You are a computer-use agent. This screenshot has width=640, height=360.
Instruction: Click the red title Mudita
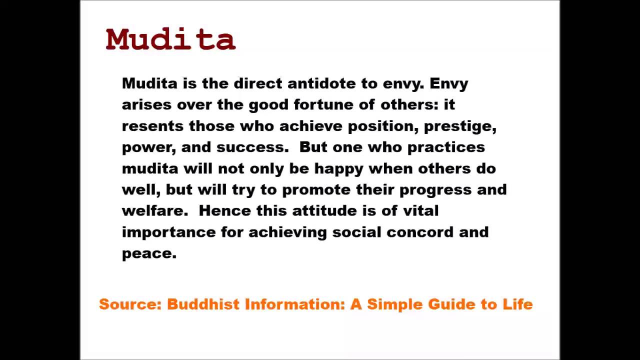tap(170, 39)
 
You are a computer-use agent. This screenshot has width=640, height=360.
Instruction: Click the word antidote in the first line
tap(321, 83)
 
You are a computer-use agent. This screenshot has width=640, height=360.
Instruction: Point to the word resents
tap(152, 126)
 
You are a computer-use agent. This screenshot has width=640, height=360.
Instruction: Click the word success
tap(252, 147)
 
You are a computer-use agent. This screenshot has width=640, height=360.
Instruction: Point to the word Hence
tap(225, 211)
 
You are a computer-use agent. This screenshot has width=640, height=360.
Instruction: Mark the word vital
tap(421, 211)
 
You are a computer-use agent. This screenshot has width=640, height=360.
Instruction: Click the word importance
tap(169, 232)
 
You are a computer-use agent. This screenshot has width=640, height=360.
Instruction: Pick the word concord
tap(420, 232)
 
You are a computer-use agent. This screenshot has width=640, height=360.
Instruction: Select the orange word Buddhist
tap(203, 304)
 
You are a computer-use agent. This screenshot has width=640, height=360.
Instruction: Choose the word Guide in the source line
tap(451, 304)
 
